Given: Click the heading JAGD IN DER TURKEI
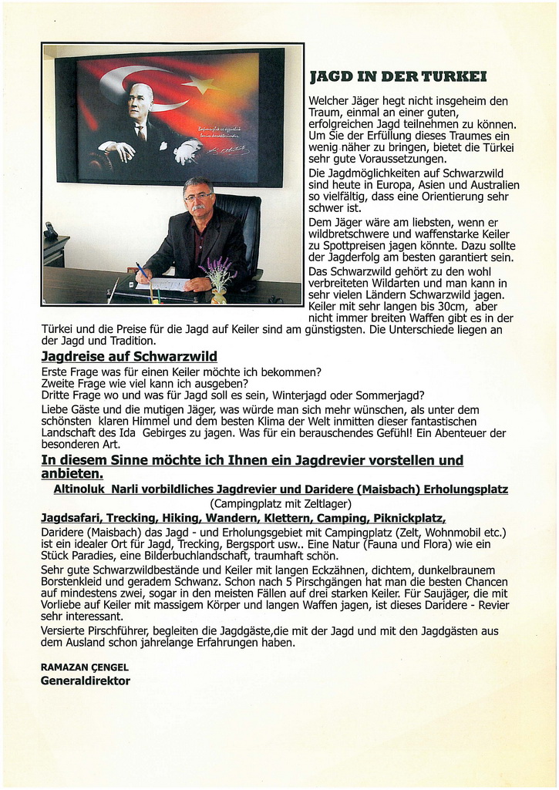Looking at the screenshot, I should pos(397,76).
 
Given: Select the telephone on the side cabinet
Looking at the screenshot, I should pos(51,230).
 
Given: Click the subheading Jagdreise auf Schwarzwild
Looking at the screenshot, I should pos(129,356).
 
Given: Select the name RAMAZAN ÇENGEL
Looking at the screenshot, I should pos(85,667).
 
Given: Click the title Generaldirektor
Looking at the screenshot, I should pos(86,681).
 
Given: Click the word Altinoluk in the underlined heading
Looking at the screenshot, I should pos(79,489).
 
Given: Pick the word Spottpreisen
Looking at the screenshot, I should pos(344,245).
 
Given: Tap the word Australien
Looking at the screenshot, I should pos(491,185).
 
